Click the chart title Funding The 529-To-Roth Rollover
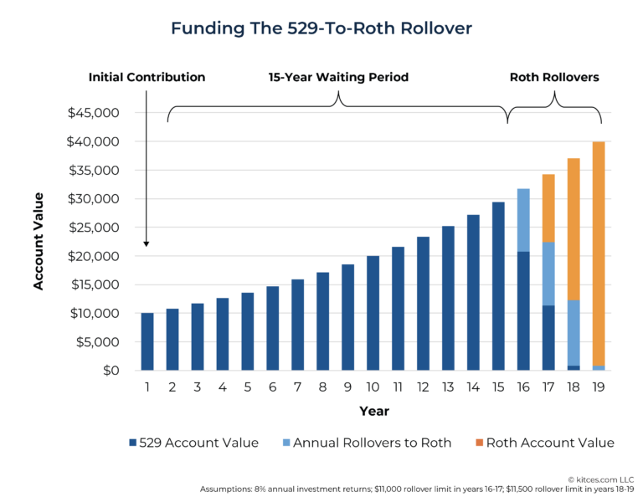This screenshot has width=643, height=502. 321,28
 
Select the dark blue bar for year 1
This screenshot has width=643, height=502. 147,341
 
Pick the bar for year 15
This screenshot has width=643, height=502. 498,286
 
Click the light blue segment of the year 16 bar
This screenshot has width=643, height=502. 523,220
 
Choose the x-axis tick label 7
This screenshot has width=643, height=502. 297,388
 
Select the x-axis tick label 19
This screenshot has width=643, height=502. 599,388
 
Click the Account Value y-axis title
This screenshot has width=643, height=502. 39,242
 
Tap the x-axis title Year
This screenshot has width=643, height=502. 373,412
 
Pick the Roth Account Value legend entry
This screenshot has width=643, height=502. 543,443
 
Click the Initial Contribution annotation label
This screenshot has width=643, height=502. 147,77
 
